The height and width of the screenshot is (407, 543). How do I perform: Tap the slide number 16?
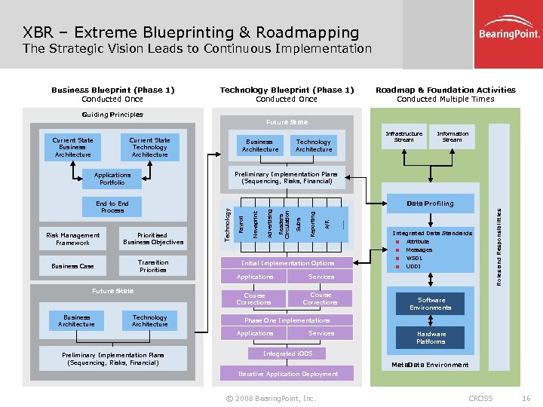[x=526, y=398]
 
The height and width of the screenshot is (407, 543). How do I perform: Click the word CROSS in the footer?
[x=480, y=398]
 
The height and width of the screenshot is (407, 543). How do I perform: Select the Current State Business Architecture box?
[x=73, y=147]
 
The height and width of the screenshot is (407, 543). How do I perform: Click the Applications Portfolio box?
[x=112, y=179]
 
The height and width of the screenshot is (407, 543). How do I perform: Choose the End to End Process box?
[x=112, y=207]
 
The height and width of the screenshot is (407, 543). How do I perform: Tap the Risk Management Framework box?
[x=72, y=239]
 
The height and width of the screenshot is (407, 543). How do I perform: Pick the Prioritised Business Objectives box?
[x=153, y=239]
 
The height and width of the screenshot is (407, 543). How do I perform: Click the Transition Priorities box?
[x=153, y=266]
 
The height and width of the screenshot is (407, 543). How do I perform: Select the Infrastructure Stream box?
[x=404, y=137]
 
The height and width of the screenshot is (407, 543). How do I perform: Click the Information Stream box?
[x=452, y=137]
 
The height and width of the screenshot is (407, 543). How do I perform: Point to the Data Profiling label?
[x=430, y=203]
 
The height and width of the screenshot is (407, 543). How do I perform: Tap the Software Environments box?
[x=431, y=304]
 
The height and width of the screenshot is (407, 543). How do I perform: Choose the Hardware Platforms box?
[x=431, y=338]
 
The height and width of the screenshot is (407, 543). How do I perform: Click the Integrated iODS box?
[x=287, y=353]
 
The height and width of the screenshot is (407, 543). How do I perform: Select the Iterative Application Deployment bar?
[x=288, y=374]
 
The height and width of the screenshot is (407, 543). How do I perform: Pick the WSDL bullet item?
[x=414, y=259]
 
